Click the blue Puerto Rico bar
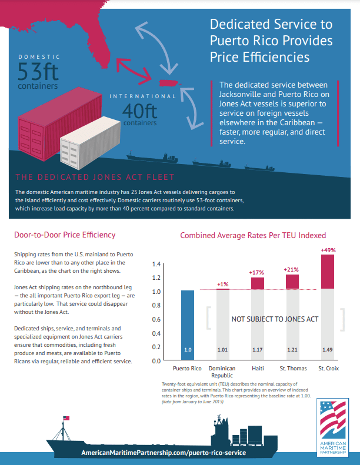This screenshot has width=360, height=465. (x=187, y=323)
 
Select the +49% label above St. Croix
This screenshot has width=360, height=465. (x=328, y=250)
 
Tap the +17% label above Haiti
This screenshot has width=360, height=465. (x=256, y=272)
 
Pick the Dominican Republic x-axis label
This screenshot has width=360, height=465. (x=222, y=373)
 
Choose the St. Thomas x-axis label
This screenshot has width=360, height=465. (x=292, y=369)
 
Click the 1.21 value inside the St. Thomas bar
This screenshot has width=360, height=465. (x=292, y=349)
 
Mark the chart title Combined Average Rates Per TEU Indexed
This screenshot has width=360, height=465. (x=253, y=235)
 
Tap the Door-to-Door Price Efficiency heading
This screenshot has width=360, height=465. (x=64, y=235)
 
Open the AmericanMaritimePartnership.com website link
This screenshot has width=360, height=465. (x=164, y=454)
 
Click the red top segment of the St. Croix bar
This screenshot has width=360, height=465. (x=328, y=272)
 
